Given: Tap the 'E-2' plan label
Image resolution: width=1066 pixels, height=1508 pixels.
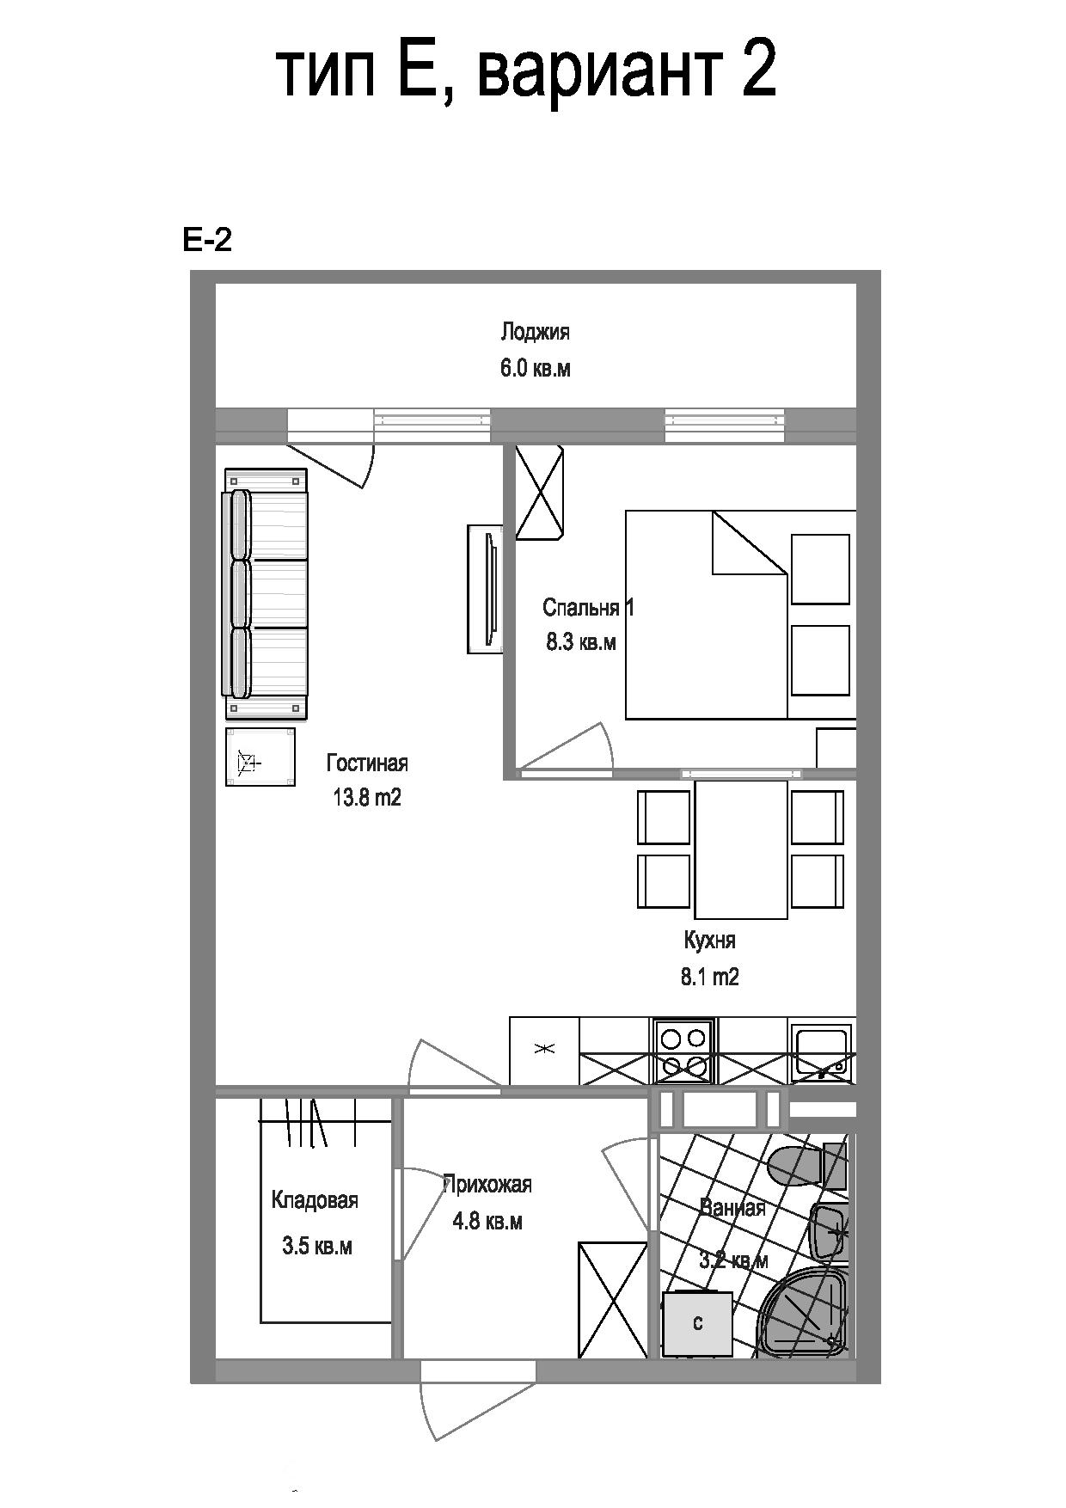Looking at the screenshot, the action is point(207,240).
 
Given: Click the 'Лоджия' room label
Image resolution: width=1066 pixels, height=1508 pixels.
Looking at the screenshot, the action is point(536,332).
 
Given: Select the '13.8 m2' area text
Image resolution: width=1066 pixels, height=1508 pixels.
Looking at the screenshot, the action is point(367,798).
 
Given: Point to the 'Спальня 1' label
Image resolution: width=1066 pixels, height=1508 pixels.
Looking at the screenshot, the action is point(588,608).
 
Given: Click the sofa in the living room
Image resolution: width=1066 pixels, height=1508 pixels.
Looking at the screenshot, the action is point(265,593).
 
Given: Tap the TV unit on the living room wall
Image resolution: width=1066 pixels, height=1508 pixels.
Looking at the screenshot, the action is point(486,589).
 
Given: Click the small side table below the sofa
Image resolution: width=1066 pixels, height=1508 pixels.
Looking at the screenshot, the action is point(260,757).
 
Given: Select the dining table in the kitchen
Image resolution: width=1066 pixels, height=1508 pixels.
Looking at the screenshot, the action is point(741,849).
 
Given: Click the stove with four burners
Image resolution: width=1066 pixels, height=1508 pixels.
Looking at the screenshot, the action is point(683,1051).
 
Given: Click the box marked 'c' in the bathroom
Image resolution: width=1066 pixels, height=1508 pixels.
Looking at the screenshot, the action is point(697,1324).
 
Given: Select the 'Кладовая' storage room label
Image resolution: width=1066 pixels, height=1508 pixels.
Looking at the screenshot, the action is point(315,1200).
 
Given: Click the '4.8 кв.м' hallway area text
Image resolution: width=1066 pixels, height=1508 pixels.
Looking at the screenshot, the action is point(487,1221).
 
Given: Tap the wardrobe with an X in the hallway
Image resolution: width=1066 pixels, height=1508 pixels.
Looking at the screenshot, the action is point(613,1300).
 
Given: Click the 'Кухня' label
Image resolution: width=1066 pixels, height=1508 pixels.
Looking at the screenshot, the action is point(710,941).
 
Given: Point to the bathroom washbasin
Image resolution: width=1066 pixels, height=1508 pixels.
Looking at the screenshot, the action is point(829,1232).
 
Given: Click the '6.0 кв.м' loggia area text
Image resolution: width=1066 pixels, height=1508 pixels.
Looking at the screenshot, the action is point(536,369).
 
